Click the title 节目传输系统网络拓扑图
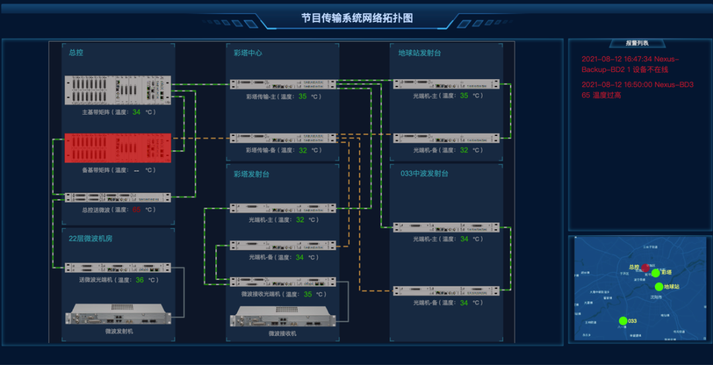coord(357,18)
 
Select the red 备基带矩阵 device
coord(118,148)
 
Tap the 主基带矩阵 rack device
coord(118,90)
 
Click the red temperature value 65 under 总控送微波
coord(137,210)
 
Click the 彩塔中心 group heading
coord(248,53)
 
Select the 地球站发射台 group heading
coord(419,53)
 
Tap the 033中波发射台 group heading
coord(424,174)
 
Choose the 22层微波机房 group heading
coord(90,238)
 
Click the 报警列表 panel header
coord(637,43)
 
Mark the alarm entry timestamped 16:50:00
coord(637,90)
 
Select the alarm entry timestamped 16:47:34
coord(637,64)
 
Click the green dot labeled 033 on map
coord(623,321)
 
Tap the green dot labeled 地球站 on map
coord(659,286)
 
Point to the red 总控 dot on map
coord(645,267)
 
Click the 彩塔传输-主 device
coord(282,84)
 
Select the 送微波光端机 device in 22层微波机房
coord(118,268)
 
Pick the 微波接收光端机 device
coord(282,282)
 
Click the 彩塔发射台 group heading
coord(252,174)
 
